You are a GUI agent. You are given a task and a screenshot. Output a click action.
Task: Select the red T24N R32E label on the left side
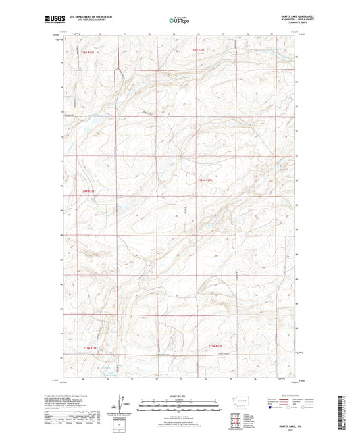point(88,191)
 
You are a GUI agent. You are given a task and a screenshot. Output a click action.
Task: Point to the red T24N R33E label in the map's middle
point(206,180)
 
